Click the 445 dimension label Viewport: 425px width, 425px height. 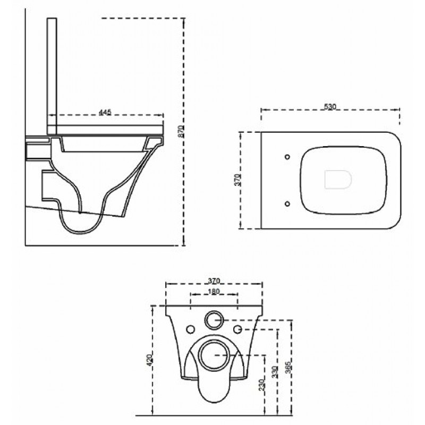tap(105, 112)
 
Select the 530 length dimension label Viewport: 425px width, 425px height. tap(330, 107)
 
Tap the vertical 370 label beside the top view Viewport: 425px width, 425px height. tap(237, 180)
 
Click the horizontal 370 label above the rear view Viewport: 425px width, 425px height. tap(214, 281)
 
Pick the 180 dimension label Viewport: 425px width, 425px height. tap(214, 292)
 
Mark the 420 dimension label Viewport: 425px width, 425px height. tap(150, 360)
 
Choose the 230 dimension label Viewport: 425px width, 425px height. tap(262, 385)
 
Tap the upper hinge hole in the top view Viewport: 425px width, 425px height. tap(287, 157)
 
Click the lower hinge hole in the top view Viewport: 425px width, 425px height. tap(287, 203)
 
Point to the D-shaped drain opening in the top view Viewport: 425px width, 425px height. tap(338, 180)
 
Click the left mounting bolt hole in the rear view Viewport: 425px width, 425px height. tap(191, 329)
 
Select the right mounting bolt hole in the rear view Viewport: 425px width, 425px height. tap(237, 329)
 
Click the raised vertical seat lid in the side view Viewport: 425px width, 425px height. tap(52, 76)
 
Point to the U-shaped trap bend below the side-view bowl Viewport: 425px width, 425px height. tap(80, 233)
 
